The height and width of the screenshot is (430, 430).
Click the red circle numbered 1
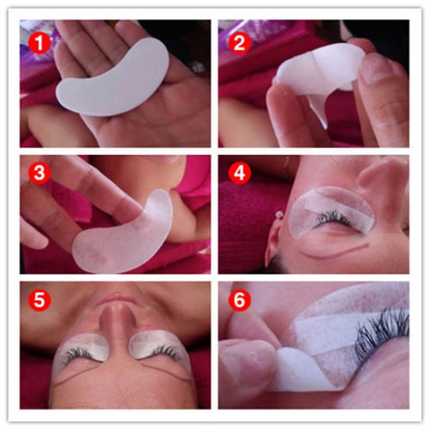(x=39, y=43)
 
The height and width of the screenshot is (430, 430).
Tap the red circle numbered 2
(x=239, y=43)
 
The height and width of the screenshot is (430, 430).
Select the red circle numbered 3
(x=39, y=173)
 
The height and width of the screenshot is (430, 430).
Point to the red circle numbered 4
(x=239, y=173)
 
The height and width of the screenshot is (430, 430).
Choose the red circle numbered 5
(x=39, y=299)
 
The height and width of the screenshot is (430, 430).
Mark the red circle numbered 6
(x=239, y=299)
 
